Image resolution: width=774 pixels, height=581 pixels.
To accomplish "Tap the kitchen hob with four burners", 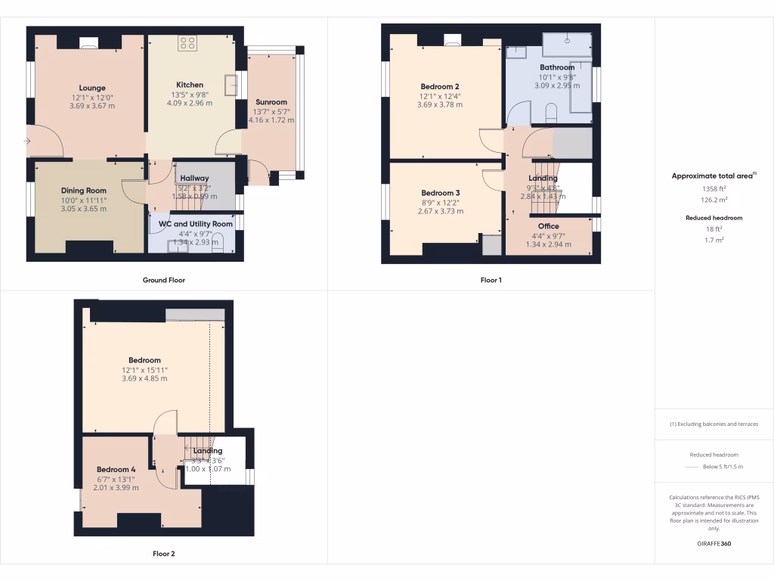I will click(187, 44).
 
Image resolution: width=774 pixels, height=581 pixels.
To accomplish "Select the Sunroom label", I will click(271, 102).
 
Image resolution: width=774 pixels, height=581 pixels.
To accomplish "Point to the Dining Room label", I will click(83, 191).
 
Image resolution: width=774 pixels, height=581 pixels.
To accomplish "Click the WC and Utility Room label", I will click(195, 224).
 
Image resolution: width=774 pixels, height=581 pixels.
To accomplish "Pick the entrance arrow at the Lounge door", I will click(27, 141).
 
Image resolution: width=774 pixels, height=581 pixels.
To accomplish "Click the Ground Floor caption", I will click(164, 280).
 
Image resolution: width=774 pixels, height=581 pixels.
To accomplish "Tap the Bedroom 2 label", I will click(440, 86).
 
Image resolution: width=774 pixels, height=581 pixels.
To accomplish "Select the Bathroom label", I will click(556, 67).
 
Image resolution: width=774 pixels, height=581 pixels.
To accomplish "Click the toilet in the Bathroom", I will click(550, 113).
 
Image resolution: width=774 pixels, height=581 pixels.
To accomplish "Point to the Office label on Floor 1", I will click(548, 226).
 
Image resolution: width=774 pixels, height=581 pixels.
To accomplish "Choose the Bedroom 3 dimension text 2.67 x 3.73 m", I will click(440, 211).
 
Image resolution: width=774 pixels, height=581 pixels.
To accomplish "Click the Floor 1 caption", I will click(491, 280).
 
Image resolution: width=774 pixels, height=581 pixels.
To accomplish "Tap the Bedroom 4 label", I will click(116, 469).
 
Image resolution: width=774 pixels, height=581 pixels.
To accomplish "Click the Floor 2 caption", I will click(164, 554).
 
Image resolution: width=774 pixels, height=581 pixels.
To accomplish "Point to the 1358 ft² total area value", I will click(714, 188).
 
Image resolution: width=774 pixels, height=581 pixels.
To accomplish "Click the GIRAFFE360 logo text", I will click(714, 544).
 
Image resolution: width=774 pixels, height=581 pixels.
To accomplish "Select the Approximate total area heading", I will click(713, 176).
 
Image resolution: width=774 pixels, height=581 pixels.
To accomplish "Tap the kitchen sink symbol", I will click(231, 82).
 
